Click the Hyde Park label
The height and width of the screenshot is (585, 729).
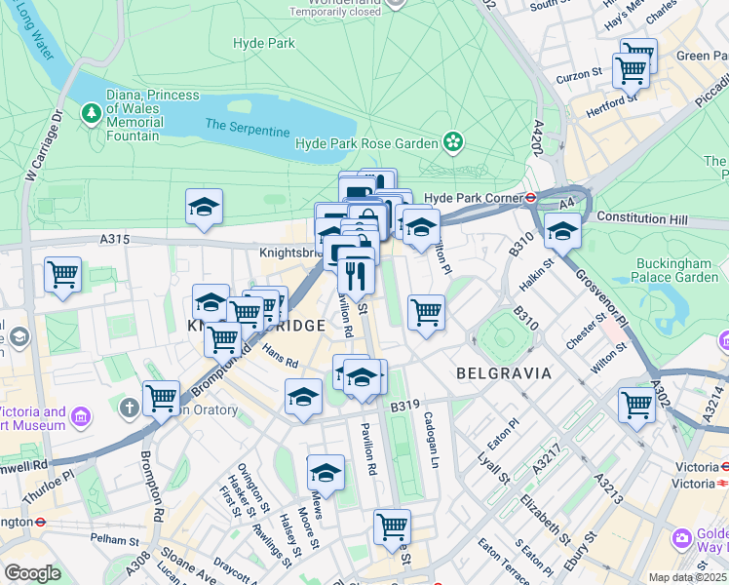[264, 43]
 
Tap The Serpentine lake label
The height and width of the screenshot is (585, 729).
[247, 128]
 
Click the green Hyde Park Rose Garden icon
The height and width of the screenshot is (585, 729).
[453, 143]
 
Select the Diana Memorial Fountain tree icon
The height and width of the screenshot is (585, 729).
[93, 115]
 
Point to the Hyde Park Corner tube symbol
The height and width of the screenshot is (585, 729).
[531, 197]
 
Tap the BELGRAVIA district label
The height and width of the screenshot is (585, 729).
[504, 373]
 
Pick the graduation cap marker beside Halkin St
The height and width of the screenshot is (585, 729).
[562, 231]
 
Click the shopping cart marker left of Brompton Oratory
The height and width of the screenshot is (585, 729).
[161, 397]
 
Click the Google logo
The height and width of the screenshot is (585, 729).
[32, 573]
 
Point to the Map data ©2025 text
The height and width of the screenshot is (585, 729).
[687, 577]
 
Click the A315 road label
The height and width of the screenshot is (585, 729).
[114, 239]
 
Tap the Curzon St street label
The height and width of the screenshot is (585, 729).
[579, 75]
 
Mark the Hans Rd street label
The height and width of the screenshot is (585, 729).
[279, 358]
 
